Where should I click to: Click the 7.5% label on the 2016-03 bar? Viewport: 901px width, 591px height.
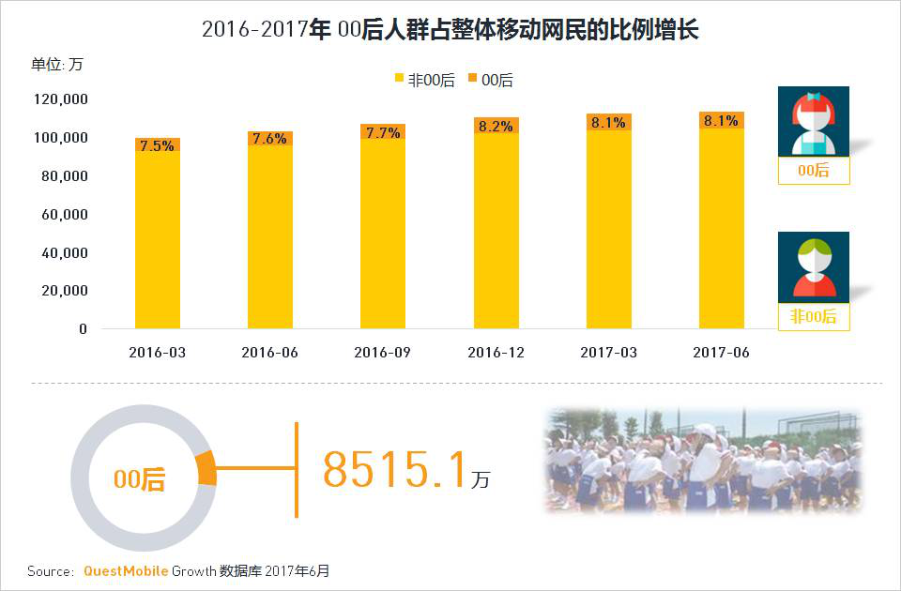[x=157, y=145]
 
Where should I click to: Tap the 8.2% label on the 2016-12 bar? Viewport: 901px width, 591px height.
[x=496, y=125]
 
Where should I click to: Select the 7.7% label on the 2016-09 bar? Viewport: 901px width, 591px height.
[x=382, y=132]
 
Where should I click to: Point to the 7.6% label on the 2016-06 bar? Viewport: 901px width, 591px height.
[x=269, y=138]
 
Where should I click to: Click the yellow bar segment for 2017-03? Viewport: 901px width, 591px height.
[x=608, y=230]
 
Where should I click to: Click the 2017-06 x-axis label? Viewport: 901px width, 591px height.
[x=721, y=353]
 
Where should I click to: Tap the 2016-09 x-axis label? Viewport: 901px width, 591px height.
[x=382, y=353]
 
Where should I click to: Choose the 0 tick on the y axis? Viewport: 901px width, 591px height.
[x=83, y=329]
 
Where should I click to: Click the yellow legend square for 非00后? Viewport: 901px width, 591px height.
[x=399, y=80]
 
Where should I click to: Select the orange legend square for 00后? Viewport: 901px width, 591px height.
[x=472, y=80]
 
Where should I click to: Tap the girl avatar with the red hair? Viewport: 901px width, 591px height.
[x=813, y=121]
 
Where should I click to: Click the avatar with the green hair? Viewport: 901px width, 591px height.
[x=813, y=266]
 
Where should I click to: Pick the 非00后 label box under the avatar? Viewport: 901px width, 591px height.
[x=813, y=316]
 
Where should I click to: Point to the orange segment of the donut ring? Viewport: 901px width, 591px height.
[x=206, y=468]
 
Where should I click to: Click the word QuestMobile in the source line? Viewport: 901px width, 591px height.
[x=126, y=570]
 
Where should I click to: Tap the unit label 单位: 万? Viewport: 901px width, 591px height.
[x=57, y=64]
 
